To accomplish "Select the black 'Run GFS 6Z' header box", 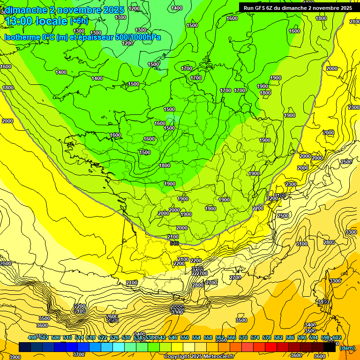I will [298, 7].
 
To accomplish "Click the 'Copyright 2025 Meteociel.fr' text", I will [199, 356].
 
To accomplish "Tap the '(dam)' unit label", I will [347, 348].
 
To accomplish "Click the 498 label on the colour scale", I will [32, 337].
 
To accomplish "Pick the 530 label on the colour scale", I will [126, 337].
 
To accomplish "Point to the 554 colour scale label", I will [196, 337].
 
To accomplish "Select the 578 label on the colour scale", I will [267, 337].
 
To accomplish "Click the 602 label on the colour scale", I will [337, 337].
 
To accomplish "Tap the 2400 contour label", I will [172, 237].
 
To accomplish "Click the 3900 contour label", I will [15, 357].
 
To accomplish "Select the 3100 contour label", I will [302, 244].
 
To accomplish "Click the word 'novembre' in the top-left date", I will [76, 9].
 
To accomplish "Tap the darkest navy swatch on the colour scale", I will [25, 347].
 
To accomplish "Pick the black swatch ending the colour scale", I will [330, 347].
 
